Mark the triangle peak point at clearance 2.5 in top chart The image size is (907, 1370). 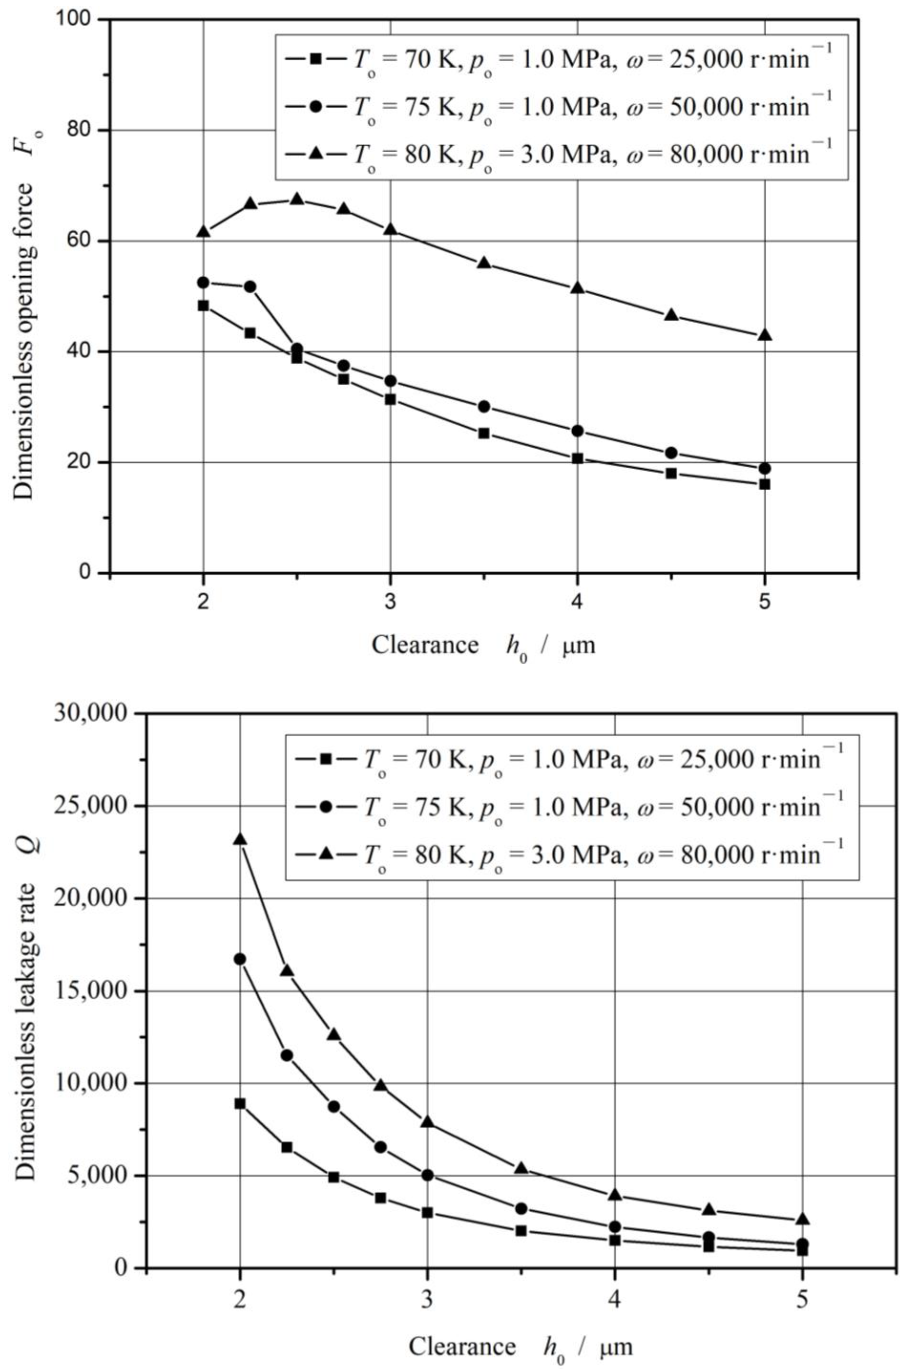[x=297, y=199]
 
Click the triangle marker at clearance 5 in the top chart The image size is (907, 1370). [x=765, y=335]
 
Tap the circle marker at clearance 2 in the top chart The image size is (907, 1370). [x=203, y=282]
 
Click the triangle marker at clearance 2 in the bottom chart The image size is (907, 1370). [x=240, y=839]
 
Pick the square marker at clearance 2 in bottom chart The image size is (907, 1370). [x=240, y=1103]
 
